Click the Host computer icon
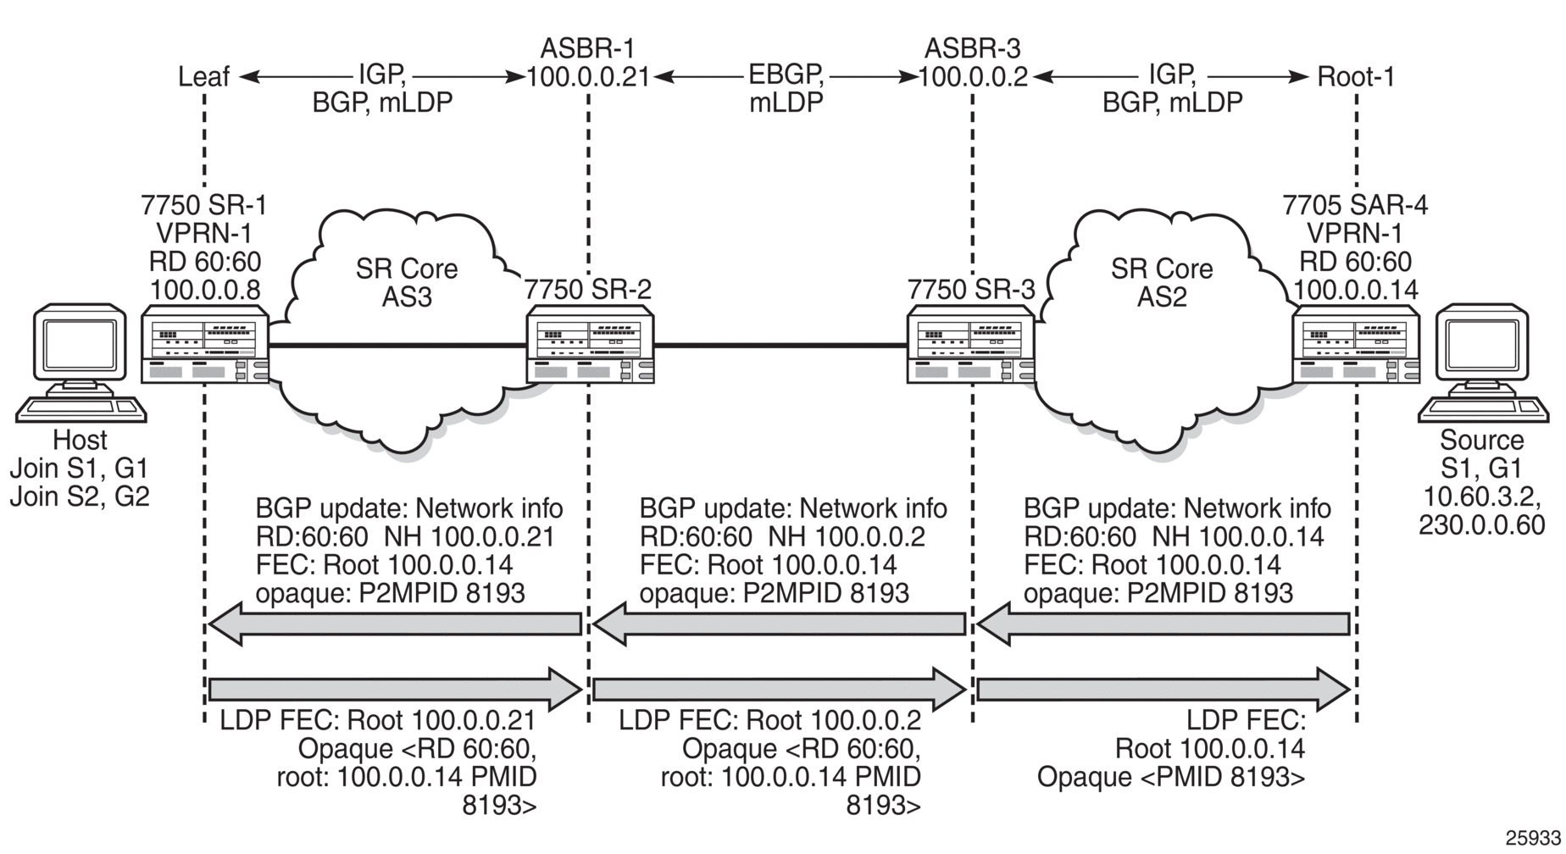point(81,366)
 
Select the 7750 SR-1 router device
point(205,345)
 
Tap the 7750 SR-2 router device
point(590,345)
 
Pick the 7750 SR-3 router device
point(971,345)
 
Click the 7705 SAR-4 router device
point(1356,345)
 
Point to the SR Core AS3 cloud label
point(407,283)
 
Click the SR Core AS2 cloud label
point(1162,283)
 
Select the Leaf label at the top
point(203,77)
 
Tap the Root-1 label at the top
point(1356,77)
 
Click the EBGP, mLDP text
point(786,88)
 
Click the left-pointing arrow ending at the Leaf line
point(395,625)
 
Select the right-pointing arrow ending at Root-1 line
point(1163,690)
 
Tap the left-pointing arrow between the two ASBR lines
point(779,625)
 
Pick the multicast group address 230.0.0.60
point(1482,524)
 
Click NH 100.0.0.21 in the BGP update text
point(469,536)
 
